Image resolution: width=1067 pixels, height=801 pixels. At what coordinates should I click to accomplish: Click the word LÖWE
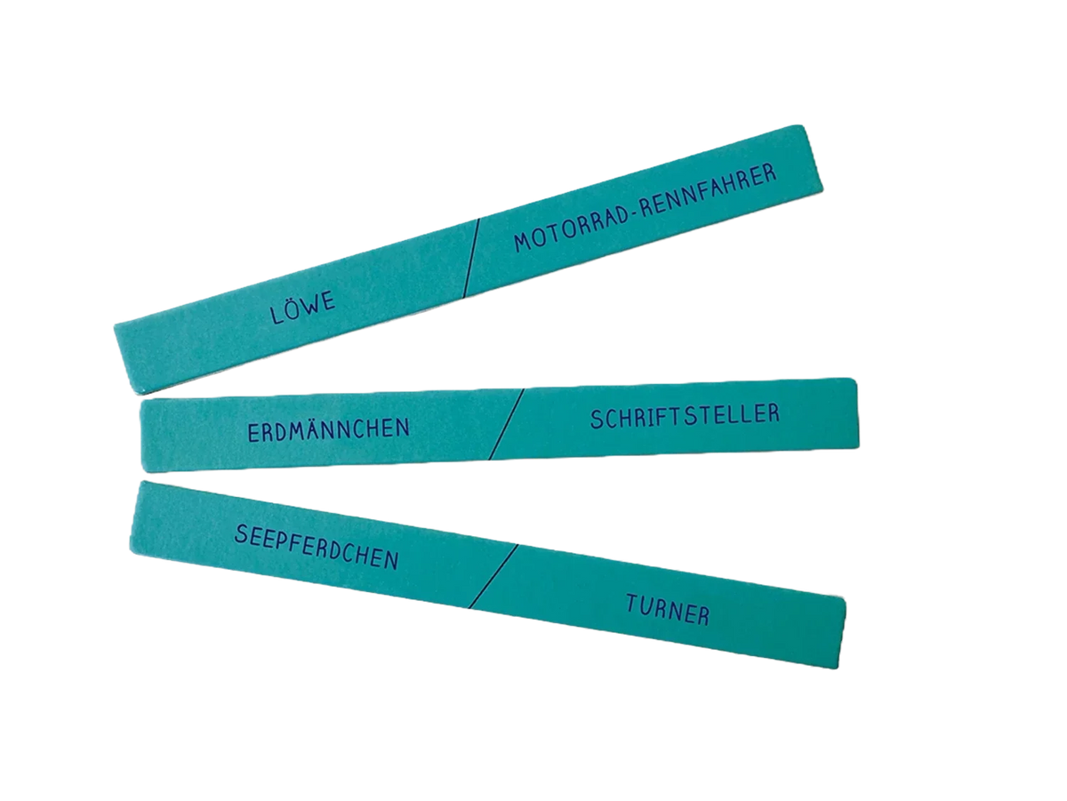pyautogui.click(x=303, y=308)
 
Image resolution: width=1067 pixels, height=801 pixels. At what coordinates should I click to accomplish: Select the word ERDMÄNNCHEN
pyautogui.click(x=329, y=430)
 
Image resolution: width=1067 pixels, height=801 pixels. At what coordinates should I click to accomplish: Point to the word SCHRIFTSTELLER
pyautogui.click(x=685, y=416)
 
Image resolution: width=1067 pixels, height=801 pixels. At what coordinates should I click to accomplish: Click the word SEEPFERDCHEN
pyautogui.click(x=317, y=547)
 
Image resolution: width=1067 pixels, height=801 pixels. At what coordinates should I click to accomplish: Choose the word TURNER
pyautogui.click(x=668, y=610)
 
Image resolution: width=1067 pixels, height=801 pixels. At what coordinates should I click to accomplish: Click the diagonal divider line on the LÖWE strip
pyautogui.click(x=471, y=257)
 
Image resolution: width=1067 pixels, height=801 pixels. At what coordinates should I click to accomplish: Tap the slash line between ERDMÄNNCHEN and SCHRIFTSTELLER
pyautogui.click(x=506, y=423)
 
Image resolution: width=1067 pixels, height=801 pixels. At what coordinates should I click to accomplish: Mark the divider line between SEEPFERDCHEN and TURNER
pyautogui.click(x=493, y=576)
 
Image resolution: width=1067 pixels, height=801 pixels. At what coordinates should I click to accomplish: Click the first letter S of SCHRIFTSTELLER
pyautogui.click(x=597, y=420)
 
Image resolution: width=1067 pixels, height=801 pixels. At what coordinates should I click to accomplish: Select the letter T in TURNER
pyautogui.click(x=632, y=603)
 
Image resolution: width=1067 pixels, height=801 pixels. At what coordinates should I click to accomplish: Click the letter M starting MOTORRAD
pyautogui.click(x=523, y=242)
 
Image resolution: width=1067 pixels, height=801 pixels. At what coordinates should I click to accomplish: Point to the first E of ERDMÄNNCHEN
pyautogui.click(x=253, y=433)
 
